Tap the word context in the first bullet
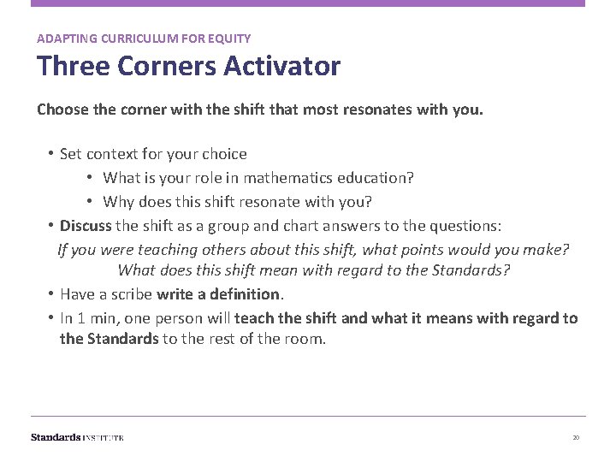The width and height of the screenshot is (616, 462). pyautogui.click(x=114, y=154)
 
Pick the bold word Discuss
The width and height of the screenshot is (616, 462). pyautogui.click(x=86, y=226)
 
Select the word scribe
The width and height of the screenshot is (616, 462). pyautogui.click(x=131, y=294)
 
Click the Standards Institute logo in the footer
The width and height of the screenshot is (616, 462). pyautogui.click(x=77, y=437)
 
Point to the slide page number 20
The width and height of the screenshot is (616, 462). pyautogui.click(x=576, y=437)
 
